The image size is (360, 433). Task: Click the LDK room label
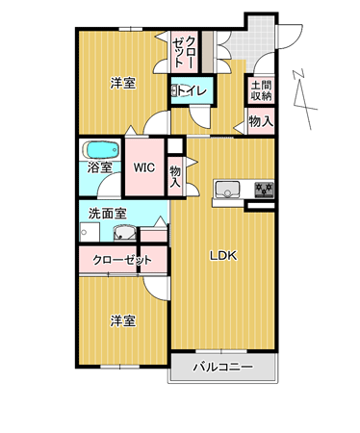(x=223, y=256)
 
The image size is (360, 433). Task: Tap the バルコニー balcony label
(x=222, y=367)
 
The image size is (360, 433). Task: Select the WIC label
(x=144, y=167)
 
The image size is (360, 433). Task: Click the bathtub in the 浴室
(x=101, y=150)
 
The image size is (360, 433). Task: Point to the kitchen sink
(x=227, y=190)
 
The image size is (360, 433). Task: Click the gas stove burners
(x=264, y=190)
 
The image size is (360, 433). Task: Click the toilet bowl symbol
(x=174, y=90)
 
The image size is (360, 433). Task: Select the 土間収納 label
(x=261, y=90)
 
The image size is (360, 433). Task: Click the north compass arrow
(x=304, y=99)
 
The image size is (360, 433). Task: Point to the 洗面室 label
(x=108, y=214)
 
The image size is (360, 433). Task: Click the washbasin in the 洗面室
(x=125, y=233)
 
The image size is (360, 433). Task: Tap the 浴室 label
(x=100, y=167)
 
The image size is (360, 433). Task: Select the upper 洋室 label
(x=123, y=84)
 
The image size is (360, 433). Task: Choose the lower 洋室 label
(x=123, y=320)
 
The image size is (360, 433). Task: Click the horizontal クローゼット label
(x=122, y=260)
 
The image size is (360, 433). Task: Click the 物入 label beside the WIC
(x=175, y=177)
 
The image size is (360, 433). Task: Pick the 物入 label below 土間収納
(x=262, y=121)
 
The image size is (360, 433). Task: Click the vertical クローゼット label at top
(x=184, y=51)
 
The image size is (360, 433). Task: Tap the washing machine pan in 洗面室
(x=90, y=232)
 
